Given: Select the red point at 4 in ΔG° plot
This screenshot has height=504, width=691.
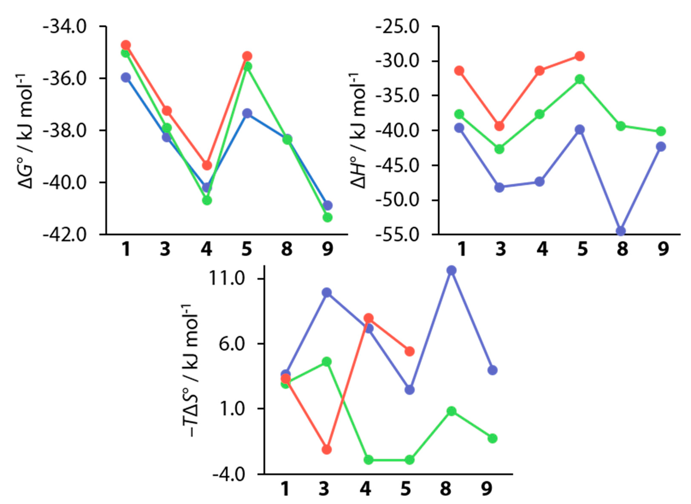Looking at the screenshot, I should pos(207,165).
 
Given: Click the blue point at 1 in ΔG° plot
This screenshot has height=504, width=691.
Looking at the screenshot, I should pos(126,77).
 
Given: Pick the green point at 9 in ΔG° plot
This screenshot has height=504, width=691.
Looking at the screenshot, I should pos(327,217).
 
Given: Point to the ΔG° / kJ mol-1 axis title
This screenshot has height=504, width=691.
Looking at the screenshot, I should pos(26,131).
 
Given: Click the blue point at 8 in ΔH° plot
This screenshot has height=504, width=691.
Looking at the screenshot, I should pos(621,231).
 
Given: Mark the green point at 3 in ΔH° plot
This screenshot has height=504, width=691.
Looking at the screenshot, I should pos(499,149).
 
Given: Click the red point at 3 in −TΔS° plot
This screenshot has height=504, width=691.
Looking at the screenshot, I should pos(327,449).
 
